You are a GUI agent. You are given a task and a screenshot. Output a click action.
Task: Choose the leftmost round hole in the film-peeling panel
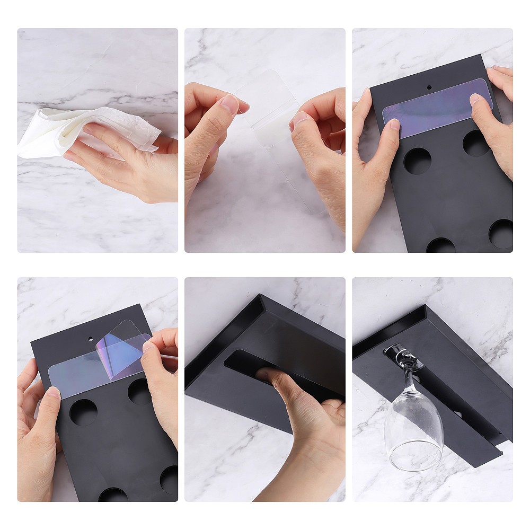(x=83, y=412)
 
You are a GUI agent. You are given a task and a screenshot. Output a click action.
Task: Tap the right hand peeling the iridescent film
(x=162, y=382)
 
